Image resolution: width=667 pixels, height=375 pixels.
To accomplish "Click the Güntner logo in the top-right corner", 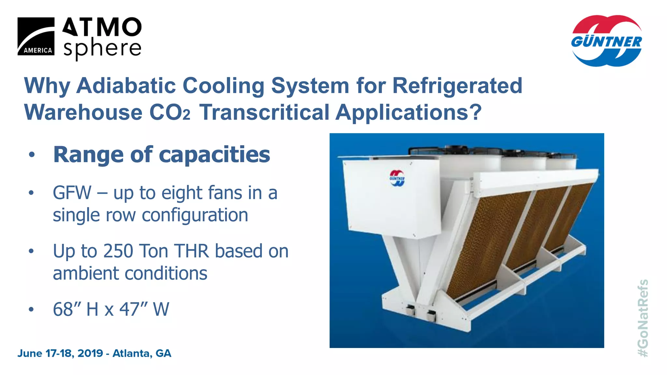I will (606, 41).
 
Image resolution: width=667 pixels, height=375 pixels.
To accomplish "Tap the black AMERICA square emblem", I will (36, 36).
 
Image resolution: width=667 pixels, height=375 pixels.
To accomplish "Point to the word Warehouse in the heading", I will (83, 112).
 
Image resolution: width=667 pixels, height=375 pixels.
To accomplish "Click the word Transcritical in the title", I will (264, 112).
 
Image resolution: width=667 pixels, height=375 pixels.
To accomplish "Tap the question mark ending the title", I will (475, 112).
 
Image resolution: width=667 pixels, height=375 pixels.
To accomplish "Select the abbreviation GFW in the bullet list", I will (72, 193).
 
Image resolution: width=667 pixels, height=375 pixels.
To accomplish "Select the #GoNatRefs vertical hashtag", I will (643, 318).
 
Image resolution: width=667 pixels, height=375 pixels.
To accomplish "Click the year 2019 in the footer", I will (90, 353).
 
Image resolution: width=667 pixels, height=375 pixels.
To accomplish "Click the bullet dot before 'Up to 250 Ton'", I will (31, 251).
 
